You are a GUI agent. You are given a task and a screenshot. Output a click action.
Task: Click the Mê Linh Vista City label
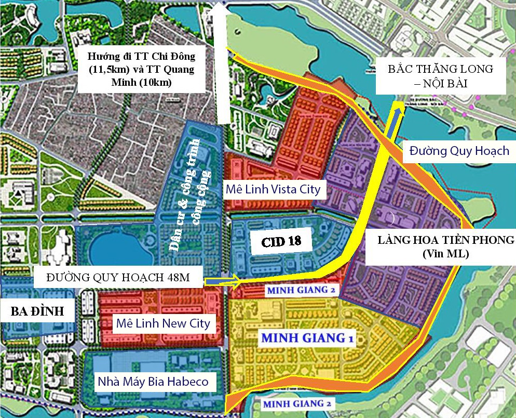point(273,188)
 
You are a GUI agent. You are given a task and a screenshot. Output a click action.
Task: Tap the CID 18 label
point(281,242)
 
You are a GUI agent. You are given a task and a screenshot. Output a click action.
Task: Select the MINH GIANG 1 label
point(307,338)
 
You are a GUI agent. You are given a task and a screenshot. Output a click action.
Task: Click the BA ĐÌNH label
point(37,311)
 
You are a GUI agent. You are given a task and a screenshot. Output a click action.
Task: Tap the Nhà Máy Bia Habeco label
point(153,382)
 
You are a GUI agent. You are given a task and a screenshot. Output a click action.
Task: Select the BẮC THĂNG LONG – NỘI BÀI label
point(440,75)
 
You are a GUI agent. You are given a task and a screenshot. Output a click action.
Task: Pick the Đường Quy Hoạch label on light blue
point(459,151)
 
